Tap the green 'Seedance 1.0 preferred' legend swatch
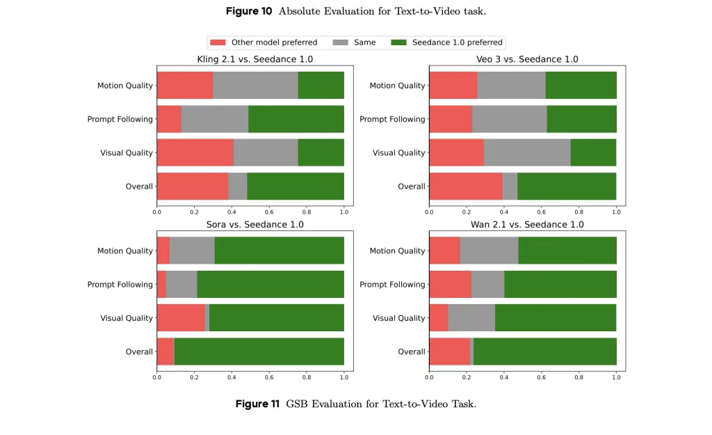[x=400, y=42]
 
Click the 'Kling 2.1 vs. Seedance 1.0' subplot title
[x=254, y=59]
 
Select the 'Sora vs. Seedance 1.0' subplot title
[x=254, y=225]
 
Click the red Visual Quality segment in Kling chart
[x=195, y=152]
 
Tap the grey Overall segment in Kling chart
[x=237, y=186]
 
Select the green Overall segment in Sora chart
[x=259, y=351]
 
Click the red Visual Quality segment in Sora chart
[x=180, y=318]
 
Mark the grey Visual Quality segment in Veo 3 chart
[x=527, y=152]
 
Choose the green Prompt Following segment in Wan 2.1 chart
[x=560, y=284]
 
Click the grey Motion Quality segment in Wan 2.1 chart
[x=489, y=251]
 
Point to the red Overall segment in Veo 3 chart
[x=465, y=186]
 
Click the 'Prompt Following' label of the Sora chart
[x=120, y=285]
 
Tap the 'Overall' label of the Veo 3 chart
[x=411, y=187]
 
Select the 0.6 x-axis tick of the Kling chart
[x=269, y=212]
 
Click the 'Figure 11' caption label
[x=257, y=404]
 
